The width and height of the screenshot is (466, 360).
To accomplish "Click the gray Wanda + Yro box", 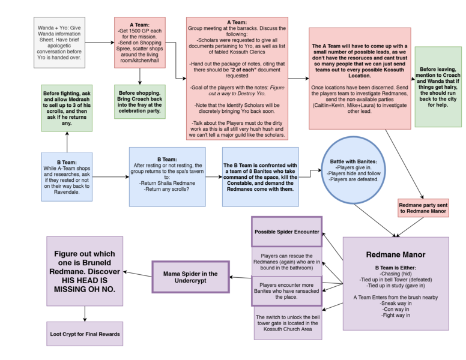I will coord(60,42).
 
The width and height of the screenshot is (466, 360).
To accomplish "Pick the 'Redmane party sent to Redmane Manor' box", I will coord(423,208).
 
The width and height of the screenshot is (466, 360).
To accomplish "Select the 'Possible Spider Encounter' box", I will coord(286,232).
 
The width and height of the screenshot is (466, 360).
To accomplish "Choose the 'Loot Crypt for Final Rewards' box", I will coord(85,334).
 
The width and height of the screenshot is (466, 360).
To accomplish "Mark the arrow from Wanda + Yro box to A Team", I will coord(100,42).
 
